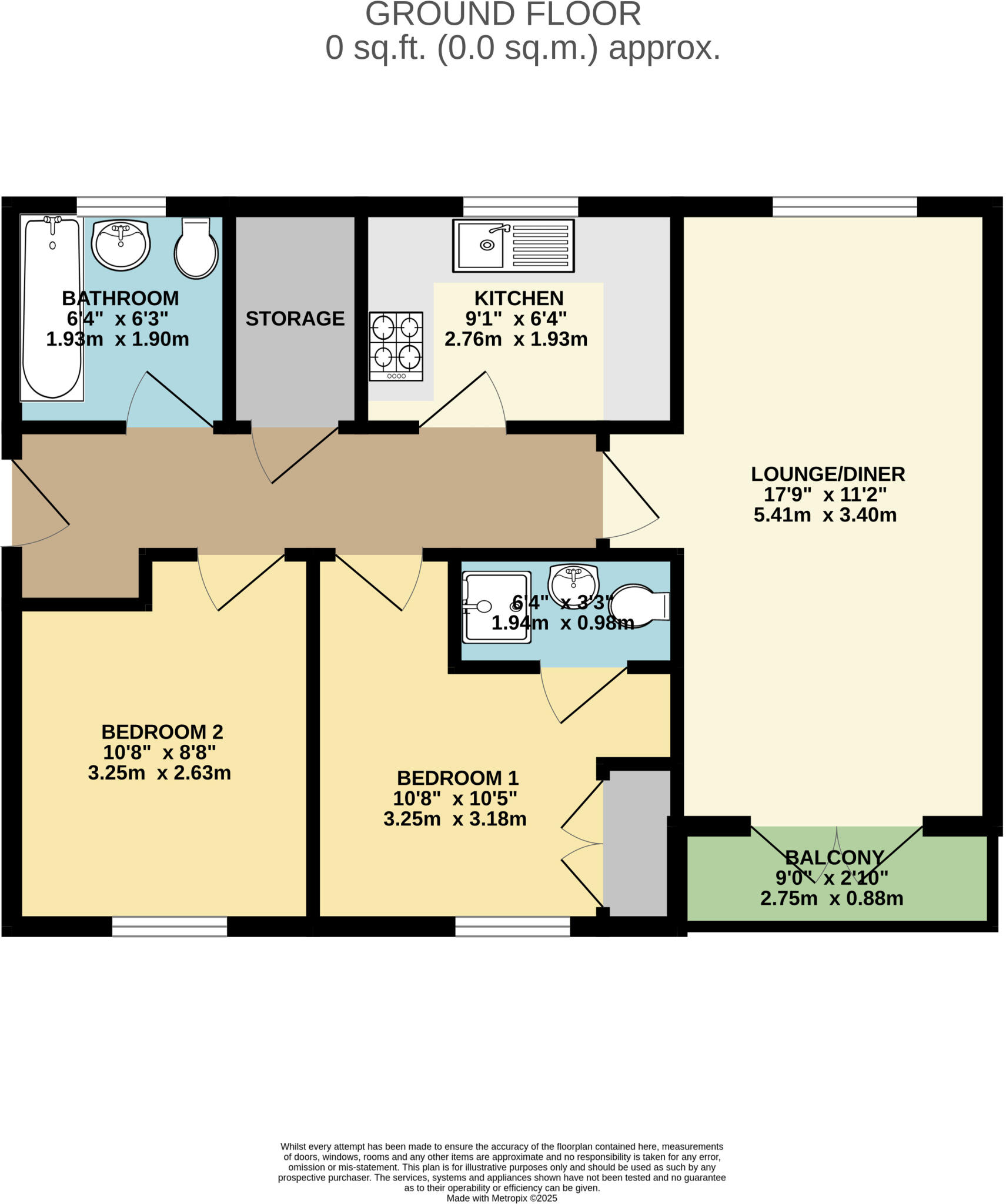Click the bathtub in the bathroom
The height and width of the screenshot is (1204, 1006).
(x=51, y=309)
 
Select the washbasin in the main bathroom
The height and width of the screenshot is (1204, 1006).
(x=122, y=245)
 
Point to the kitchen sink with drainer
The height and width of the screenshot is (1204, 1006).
(x=513, y=245)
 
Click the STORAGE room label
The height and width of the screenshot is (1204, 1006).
(x=295, y=319)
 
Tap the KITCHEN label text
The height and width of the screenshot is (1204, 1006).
(x=519, y=298)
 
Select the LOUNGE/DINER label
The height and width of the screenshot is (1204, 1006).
(x=827, y=474)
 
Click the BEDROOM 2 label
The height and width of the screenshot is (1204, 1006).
(x=162, y=732)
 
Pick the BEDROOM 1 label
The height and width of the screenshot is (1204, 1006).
(x=457, y=778)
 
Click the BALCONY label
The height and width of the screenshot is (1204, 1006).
(x=834, y=858)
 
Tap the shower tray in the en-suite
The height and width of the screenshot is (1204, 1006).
(x=496, y=607)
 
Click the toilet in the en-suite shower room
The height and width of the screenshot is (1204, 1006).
(x=640, y=605)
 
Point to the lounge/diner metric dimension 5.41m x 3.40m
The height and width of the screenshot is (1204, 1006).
(x=824, y=516)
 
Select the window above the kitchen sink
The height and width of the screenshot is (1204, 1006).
(x=520, y=206)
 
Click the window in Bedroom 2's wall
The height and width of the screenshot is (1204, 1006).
(x=169, y=926)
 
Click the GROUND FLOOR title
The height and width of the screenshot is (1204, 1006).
(x=503, y=14)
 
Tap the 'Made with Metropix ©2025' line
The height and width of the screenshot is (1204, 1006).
(x=502, y=1198)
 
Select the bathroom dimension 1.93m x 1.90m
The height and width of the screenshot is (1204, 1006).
(x=118, y=339)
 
